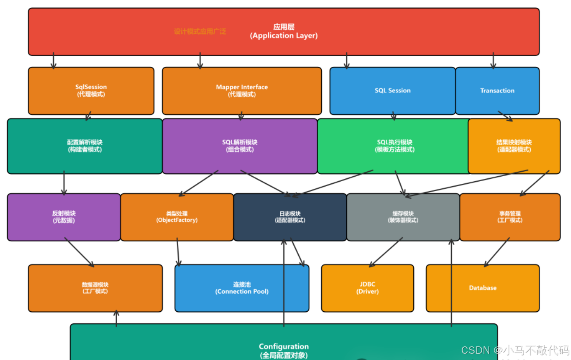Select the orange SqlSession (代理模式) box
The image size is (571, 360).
point(91,91)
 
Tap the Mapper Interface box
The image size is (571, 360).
point(242,91)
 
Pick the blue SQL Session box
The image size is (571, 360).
point(392,91)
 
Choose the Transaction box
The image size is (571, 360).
point(497,91)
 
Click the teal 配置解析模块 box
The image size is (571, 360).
point(85,146)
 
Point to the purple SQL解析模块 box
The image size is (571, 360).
point(240,146)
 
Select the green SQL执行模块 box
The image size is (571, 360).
point(394,146)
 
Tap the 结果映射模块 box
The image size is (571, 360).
point(514,146)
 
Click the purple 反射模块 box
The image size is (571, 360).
point(64,217)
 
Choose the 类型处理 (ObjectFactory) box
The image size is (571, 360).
point(177,217)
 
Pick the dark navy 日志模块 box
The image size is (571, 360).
point(290,217)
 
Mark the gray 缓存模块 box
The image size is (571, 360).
point(403,217)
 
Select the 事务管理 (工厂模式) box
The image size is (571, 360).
point(510,217)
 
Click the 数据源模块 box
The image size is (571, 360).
point(95,288)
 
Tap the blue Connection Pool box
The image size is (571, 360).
point(242,288)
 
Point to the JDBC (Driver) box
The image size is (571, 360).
point(367,288)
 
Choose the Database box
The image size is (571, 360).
point(483,288)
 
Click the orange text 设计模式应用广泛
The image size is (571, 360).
point(200,31)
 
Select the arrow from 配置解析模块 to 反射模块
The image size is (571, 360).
point(64,183)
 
